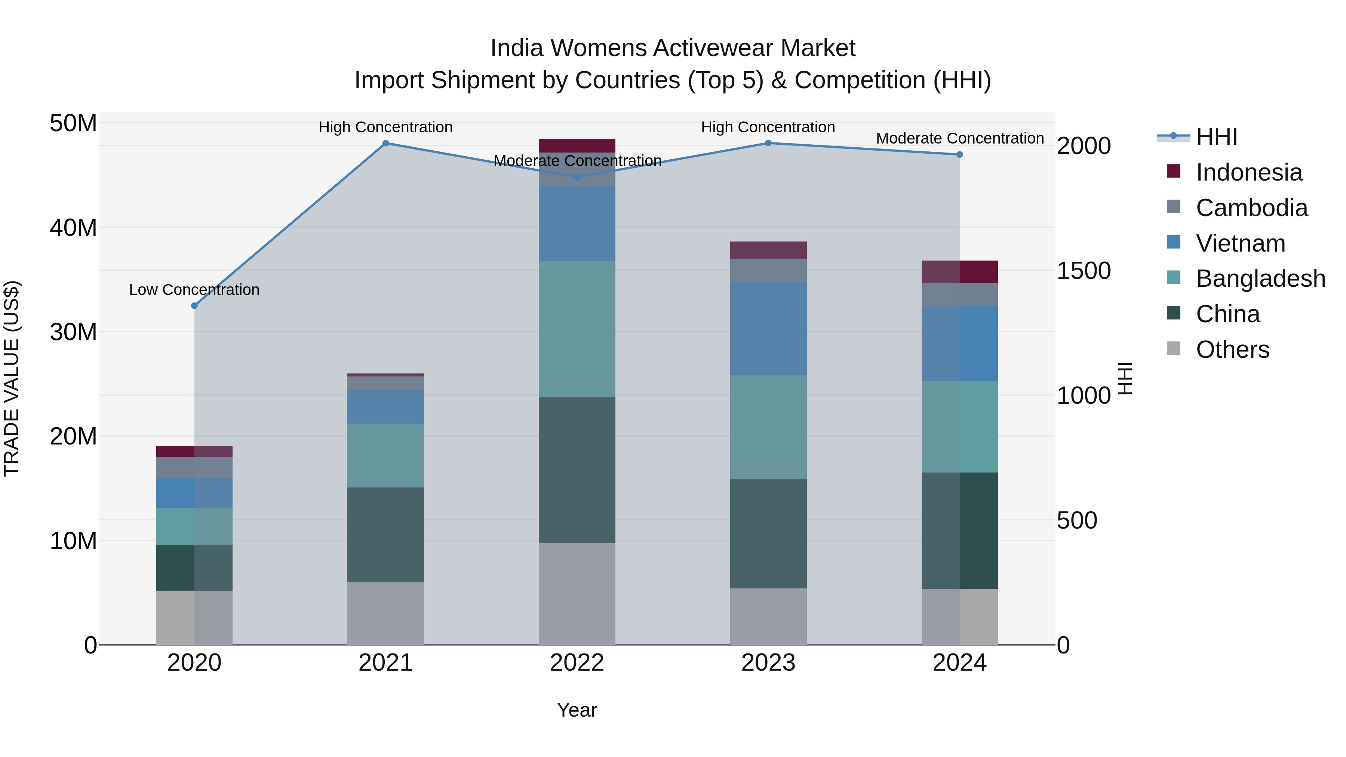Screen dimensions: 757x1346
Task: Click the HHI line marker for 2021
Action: click(385, 143)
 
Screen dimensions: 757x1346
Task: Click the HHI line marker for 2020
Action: click(194, 306)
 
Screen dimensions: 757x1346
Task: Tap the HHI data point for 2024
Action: click(959, 155)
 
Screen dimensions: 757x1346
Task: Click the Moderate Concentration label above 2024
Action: click(959, 138)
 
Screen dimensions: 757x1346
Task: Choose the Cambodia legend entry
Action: click(1251, 208)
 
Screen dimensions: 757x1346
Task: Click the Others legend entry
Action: click(1232, 350)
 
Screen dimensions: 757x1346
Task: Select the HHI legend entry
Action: click(1216, 137)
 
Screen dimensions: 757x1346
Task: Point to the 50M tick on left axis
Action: click(73, 124)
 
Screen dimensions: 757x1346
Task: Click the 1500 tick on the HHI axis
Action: click(1084, 271)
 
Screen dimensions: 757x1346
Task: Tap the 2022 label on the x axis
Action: click(577, 663)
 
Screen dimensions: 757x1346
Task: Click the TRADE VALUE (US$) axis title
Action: click(12, 378)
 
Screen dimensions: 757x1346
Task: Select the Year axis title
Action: click(577, 710)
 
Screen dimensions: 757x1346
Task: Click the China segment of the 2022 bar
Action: click(577, 470)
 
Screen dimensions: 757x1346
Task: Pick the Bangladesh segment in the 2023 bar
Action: click(768, 427)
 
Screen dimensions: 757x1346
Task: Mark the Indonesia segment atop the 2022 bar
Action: click(577, 145)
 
